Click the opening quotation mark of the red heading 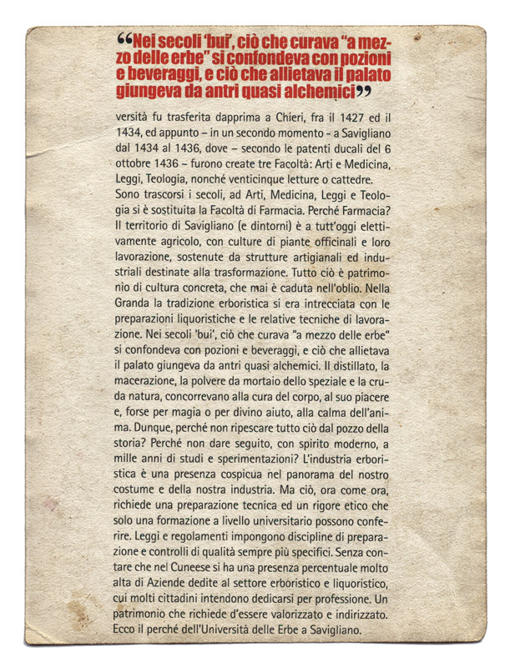coord(124,39)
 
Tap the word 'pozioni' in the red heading coord(368,57)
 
